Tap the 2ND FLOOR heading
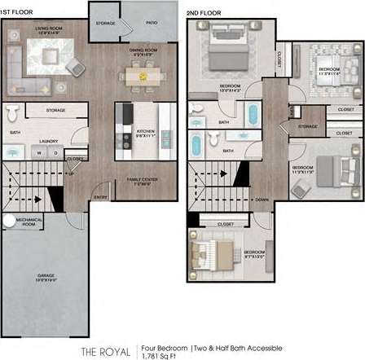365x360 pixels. coord(203,13)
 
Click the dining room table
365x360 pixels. coord(144,76)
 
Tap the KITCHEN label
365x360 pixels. coord(146,131)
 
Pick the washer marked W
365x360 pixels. coord(44,152)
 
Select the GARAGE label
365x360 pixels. coord(45,276)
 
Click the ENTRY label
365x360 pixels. coord(101,196)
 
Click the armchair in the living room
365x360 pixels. coord(74,68)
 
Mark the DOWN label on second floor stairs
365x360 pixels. coord(262,200)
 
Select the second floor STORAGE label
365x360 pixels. coord(307,127)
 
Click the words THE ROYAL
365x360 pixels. coord(103,351)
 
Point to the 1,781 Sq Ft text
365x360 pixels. coord(156,355)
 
